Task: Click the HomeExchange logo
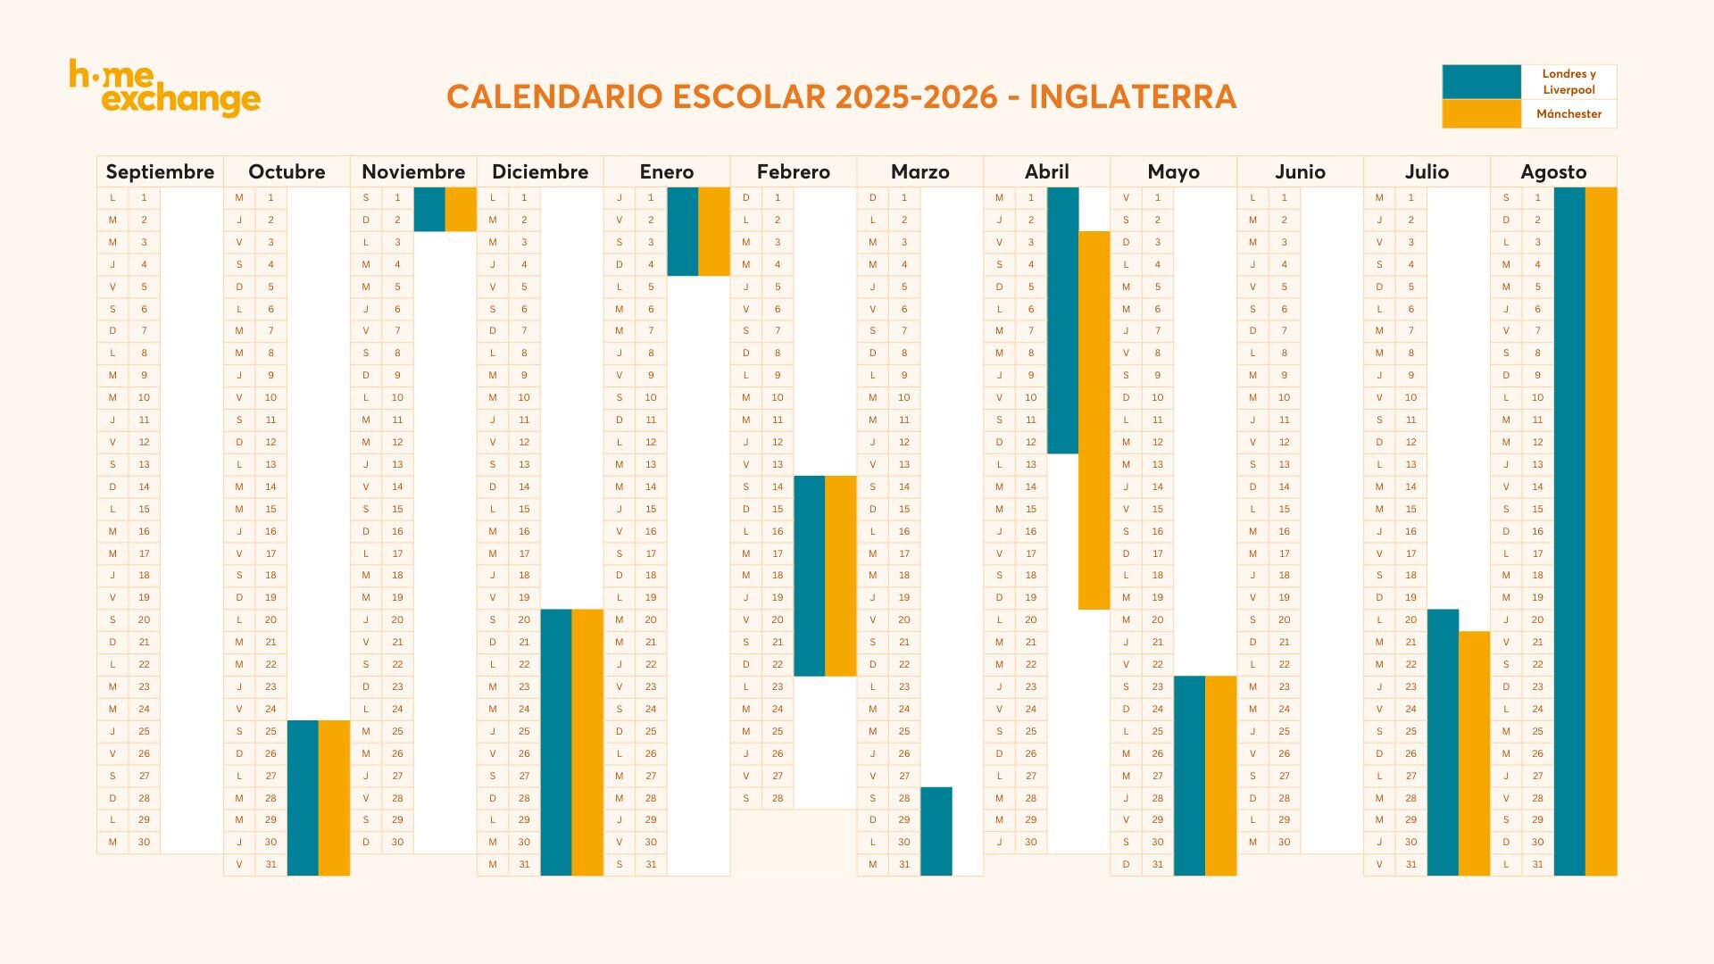(165, 87)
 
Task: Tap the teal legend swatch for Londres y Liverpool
(1481, 81)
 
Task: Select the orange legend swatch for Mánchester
(1481, 113)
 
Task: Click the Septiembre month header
(160, 171)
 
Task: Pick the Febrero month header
(793, 171)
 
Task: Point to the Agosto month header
(1553, 171)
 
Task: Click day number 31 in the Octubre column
(270, 864)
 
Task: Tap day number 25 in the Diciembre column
(524, 731)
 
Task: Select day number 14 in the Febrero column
(778, 486)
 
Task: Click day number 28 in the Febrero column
(778, 798)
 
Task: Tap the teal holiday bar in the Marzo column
(936, 831)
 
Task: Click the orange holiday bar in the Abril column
(1094, 420)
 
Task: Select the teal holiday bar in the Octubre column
(303, 797)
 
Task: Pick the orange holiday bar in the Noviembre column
(461, 209)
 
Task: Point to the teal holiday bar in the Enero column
(682, 231)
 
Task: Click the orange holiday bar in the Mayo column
(1220, 775)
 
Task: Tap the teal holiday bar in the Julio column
(1443, 742)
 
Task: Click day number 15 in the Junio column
(1284, 509)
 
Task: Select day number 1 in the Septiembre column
(144, 197)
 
